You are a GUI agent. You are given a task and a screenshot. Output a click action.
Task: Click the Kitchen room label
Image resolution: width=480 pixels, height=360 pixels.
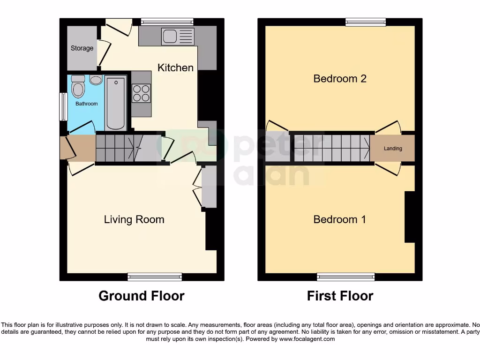(x=175, y=67)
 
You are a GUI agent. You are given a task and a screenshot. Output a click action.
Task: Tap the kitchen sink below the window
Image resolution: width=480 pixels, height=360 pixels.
(x=177, y=37)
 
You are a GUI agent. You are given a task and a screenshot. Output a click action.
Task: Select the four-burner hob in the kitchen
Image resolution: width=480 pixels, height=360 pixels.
(x=141, y=92)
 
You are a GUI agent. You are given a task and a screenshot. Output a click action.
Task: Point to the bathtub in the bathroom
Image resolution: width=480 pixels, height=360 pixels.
(x=116, y=103)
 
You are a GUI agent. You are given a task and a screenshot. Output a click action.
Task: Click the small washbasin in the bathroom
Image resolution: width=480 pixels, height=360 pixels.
(x=96, y=80)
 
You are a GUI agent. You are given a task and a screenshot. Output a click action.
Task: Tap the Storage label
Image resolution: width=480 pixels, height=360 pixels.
(x=82, y=48)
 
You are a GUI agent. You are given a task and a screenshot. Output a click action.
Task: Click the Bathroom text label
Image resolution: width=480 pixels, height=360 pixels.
(x=87, y=104)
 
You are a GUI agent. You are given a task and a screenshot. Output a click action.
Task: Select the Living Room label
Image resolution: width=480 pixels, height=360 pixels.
(x=134, y=219)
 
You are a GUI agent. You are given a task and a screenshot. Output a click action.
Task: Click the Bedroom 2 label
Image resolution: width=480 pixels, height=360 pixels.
(x=340, y=78)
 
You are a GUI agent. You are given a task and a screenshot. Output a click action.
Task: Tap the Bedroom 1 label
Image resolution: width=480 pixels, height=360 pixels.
(x=340, y=219)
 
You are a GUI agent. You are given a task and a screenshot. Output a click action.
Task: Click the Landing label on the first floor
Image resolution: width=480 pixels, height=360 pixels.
(x=393, y=149)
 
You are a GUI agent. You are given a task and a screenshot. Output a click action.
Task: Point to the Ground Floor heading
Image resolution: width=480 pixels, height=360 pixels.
(x=142, y=296)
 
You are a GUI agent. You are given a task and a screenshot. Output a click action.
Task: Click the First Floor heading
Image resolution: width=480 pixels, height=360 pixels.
(x=340, y=296)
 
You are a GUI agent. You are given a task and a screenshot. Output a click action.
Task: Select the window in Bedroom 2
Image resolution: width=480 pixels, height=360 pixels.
(x=366, y=22)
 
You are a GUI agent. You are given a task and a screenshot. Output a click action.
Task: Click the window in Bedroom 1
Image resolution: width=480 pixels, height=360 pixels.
(x=345, y=277)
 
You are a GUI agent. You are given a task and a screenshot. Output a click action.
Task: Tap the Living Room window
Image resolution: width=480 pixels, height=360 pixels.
(x=155, y=277)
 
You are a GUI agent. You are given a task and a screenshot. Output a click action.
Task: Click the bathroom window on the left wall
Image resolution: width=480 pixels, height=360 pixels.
(x=62, y=106)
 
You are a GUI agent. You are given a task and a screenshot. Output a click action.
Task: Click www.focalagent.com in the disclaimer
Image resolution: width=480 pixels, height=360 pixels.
(x=307, y=339)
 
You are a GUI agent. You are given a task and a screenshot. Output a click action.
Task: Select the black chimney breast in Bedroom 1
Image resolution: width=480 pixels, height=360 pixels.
(x=410, y=217)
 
